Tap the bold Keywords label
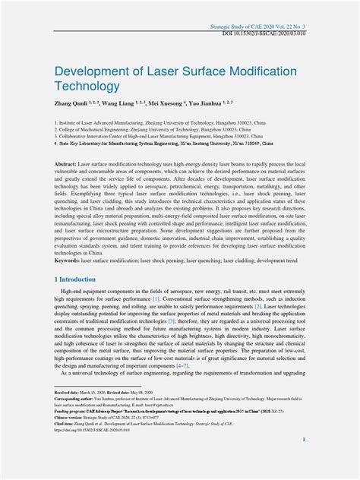68,259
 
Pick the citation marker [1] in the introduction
155,299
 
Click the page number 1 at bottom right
303,440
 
